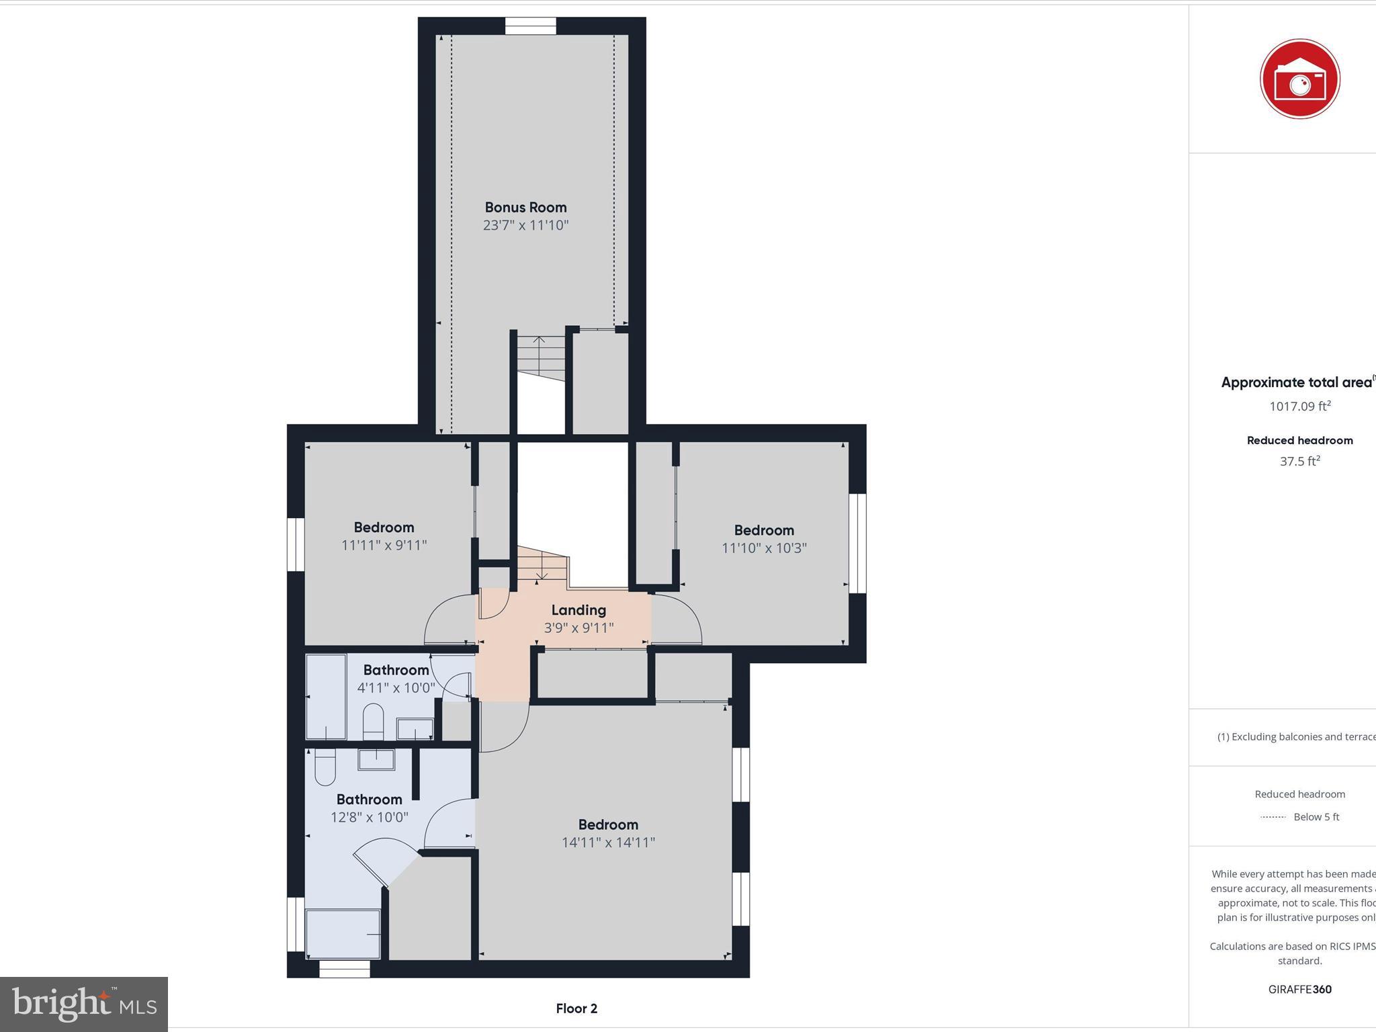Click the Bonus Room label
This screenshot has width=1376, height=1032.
tap(525, 208)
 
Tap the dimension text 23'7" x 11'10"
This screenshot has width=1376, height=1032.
tap(525, 226)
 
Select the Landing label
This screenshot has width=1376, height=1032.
tap(578, 610)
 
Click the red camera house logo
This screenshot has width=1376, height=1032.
tap(1299, 79)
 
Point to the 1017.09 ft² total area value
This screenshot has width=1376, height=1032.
tap(1299, 406)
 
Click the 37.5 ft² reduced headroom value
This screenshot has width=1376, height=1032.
tap(1299, 462)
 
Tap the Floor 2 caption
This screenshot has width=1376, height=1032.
tap(576, 1008)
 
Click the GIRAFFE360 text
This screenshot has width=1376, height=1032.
tap(1299, 989)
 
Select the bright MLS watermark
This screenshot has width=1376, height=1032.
tap(84, 1004)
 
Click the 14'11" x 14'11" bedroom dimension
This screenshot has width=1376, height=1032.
tap(608, 843)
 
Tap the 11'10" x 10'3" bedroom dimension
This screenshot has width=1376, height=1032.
tap(764, 548)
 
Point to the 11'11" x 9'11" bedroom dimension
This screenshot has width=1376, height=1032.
tap(384, 546)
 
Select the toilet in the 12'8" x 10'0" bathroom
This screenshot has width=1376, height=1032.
tap(325, 768)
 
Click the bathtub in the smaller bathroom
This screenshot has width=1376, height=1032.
tap(326, 697)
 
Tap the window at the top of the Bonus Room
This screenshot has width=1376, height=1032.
tap(530, 26)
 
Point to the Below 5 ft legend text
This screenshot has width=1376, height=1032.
tap(1316, 817)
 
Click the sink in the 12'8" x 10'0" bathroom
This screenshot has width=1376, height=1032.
tap(376, 759)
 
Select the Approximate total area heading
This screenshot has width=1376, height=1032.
tap(1296, 383)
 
